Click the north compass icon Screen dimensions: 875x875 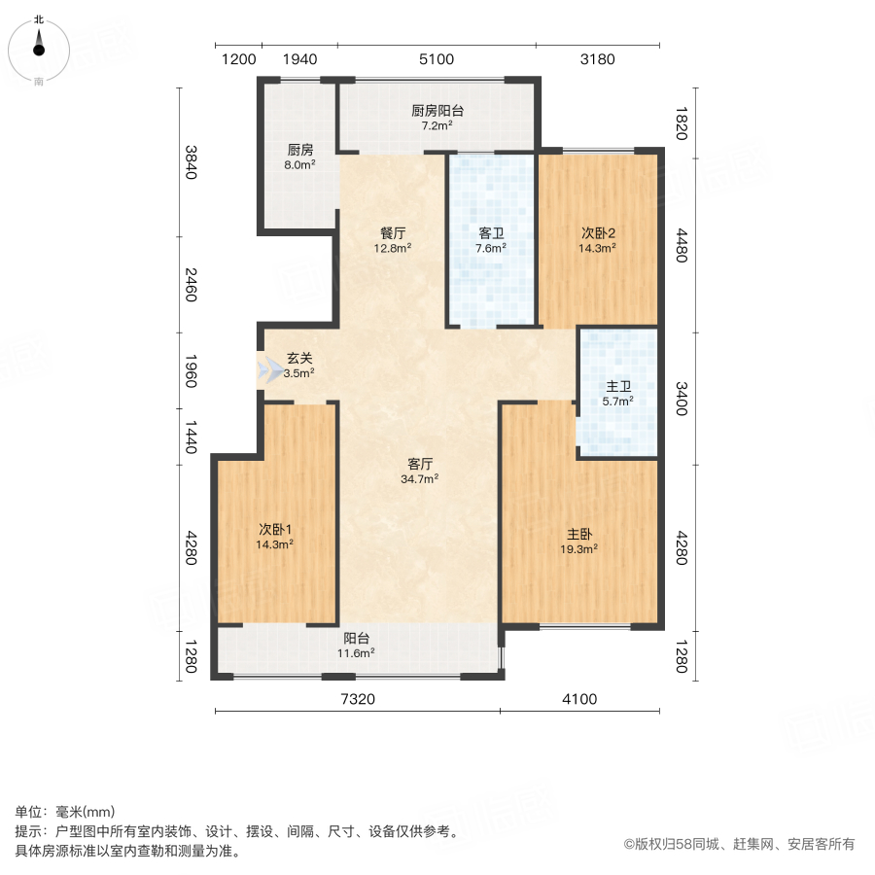pos(39,47)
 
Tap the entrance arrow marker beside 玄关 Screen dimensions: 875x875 pos(266,370)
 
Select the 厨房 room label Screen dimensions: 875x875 pos(299,151)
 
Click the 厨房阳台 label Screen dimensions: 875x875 pos(436,111)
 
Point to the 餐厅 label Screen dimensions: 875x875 pos(393,233)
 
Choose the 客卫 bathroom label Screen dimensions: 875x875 pos(491,233)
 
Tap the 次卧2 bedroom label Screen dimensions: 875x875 pos(598,233)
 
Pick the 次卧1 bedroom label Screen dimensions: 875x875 pos(275,529)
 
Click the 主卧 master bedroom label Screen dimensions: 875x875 pos(579,534)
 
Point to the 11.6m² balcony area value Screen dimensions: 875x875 pos(356,653)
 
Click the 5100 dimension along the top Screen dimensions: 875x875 pos(437,59)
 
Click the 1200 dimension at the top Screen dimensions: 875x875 pos(238,59)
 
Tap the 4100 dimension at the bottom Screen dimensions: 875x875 pos(579,699)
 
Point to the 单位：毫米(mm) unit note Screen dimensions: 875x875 pos(65,813)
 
